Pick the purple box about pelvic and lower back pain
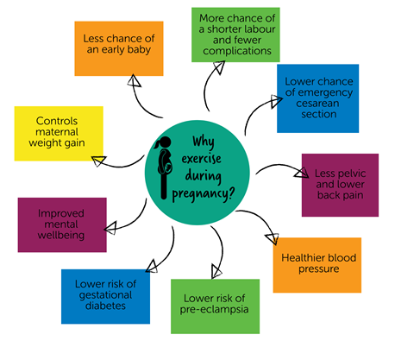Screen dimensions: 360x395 (x=340, y=185)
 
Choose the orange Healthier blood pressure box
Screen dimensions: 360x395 (x=317, y=262)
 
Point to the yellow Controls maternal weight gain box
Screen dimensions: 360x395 (x=59, y=133)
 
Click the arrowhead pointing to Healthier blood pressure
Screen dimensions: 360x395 (x=274, y=239)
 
